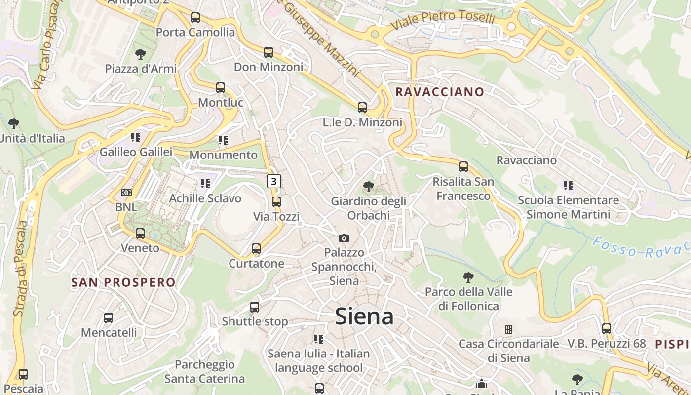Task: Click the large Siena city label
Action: (x=364, y=316)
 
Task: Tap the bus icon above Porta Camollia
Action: (x=195, y=18)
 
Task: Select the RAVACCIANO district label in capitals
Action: (x=439, y=92)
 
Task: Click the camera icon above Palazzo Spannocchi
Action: (x=344, y=238)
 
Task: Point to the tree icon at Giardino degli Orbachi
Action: (x=368, y=187)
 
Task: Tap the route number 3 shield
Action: (x=273, y=181)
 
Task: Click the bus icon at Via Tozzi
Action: (x=276, y=202)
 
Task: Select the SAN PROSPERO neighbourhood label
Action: (x=123, y=282)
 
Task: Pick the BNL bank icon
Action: (x=126, y=193)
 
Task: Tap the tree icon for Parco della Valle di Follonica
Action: (x=468, y=277)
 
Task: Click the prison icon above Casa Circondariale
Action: (x=508, y=329)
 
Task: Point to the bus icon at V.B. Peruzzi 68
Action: (x=607, y=329)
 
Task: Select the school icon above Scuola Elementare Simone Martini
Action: (x=568, y=186)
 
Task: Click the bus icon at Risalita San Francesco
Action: (x=463, y=167)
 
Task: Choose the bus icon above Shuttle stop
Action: (x=255, y=307)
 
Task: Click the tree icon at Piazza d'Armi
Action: (x=141, y=54)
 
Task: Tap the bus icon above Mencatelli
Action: (x=109, y=318)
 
